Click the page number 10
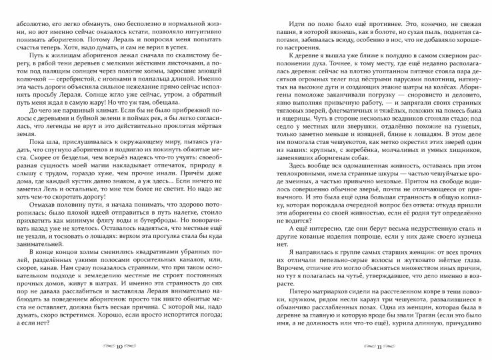pos(120,347)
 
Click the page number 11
pos(369,347)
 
